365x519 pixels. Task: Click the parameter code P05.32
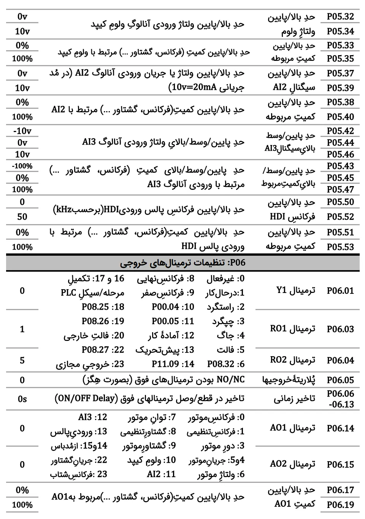point(340,17)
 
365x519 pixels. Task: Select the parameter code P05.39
point(340,88)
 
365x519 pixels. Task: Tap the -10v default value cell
point(22,131)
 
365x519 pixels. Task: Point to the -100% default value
point(22,166)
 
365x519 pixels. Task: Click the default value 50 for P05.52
point(22,217)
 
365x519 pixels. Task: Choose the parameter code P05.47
point(340,189)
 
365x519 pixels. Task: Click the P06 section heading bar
point(182,263)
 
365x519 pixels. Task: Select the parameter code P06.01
point(340,291)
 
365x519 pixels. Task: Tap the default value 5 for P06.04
point(22,360)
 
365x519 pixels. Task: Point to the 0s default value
point(22,399)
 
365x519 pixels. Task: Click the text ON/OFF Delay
point(87,398)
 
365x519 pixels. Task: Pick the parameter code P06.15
point(340,465)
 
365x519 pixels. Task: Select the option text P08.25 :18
point(103,307)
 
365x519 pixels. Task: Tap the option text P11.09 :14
point(173,364)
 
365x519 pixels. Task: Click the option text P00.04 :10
point(173,307)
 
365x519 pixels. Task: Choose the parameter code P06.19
point(340,505)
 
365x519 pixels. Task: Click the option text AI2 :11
point(161,474)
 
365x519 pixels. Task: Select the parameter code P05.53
point(340,247)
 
